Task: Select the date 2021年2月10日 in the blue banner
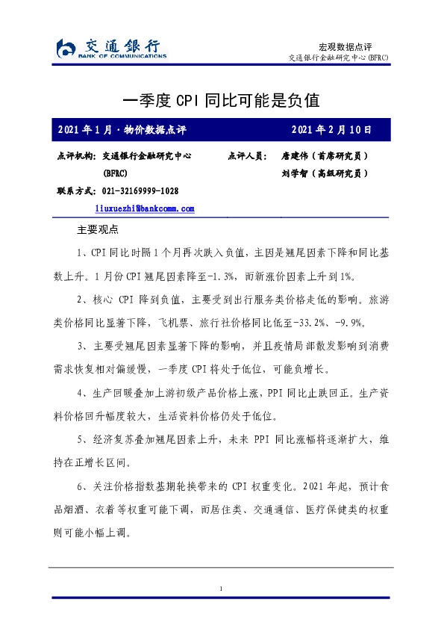click(x=331, y=129)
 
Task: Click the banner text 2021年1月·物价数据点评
click(x=122, y=129)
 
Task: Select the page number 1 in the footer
click(x=222, y=590)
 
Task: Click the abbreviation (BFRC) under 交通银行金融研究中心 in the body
click(x=116, y=173)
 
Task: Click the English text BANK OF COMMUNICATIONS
click(x=123, y=55)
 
